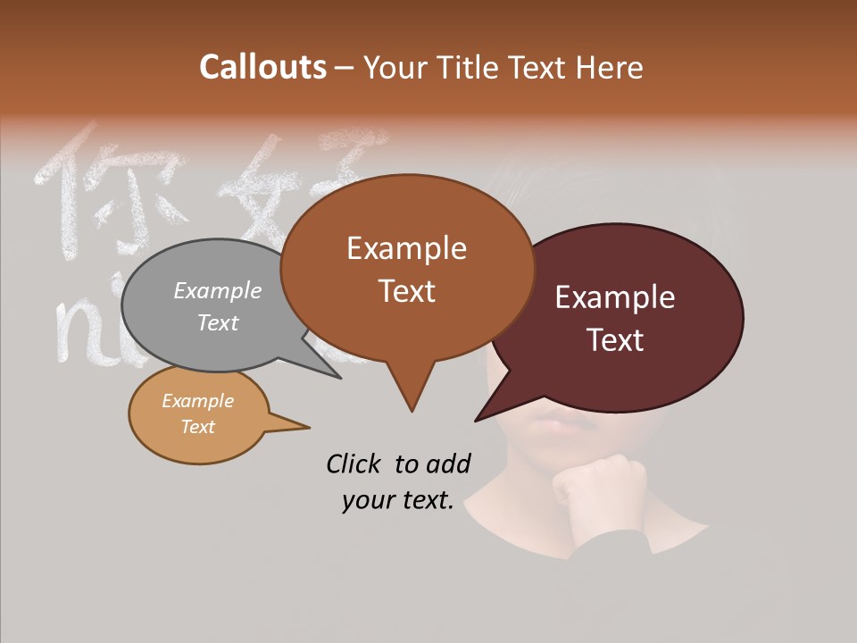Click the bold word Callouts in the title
pyautogui.click(x=262, y=67)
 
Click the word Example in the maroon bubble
pyautogui.click(x=615, y=297)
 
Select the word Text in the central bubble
pyautogui.click(x=407, y=291)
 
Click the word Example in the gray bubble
pyautogui.click(x=218, y=290)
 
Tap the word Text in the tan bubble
pyautogui.click(x=198, y=427)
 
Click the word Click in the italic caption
pyautogui.click(x=356, y=463)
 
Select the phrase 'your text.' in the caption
pyautogui.click(x=398, y=500)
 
